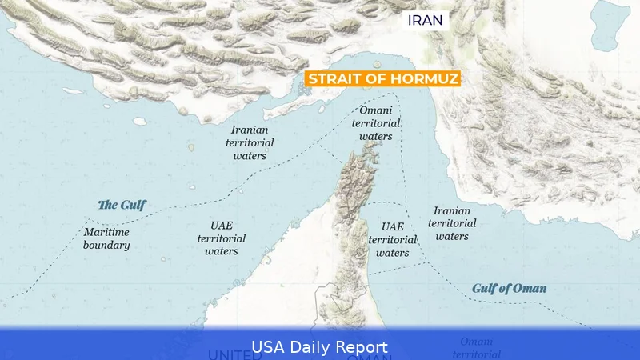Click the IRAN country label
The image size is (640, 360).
(425, 20)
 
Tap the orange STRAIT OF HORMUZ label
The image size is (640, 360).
(382, 78)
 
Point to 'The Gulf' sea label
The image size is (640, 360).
(122, 204)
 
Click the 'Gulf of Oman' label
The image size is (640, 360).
(509, 288)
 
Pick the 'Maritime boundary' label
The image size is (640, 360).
(106, 238)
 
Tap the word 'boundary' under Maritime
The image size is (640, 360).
(106, 246)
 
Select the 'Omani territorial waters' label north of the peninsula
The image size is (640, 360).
(375, 123)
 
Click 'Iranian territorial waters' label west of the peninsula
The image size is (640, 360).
(250, 142)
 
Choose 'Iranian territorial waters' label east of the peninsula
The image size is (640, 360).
(452, 223)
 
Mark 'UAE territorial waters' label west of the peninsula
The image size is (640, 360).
(222, 238)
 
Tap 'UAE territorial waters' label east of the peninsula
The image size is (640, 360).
(392, 239)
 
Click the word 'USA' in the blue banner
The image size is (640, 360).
(268, 346)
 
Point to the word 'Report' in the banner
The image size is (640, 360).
(363, 346)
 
